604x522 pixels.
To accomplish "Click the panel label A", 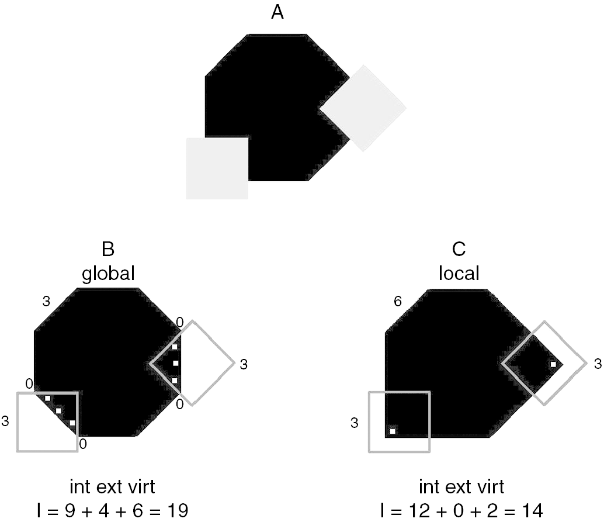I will tap(277, 12).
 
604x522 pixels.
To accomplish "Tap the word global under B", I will tap(108, 273).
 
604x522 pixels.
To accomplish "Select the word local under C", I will tap(459, 273).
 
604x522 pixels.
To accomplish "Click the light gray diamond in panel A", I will tap(363, 108).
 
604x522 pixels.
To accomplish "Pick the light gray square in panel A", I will tap(217, 168).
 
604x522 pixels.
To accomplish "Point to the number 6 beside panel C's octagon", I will tap(398, 302).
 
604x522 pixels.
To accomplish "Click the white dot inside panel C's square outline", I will tap(393, 431).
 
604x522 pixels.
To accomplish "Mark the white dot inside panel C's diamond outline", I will tap(553, 365).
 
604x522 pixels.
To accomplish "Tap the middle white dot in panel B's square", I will tap(58, 410).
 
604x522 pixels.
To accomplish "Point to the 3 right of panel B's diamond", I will tap(243, 364).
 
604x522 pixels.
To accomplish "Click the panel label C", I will tap(459, 249).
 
